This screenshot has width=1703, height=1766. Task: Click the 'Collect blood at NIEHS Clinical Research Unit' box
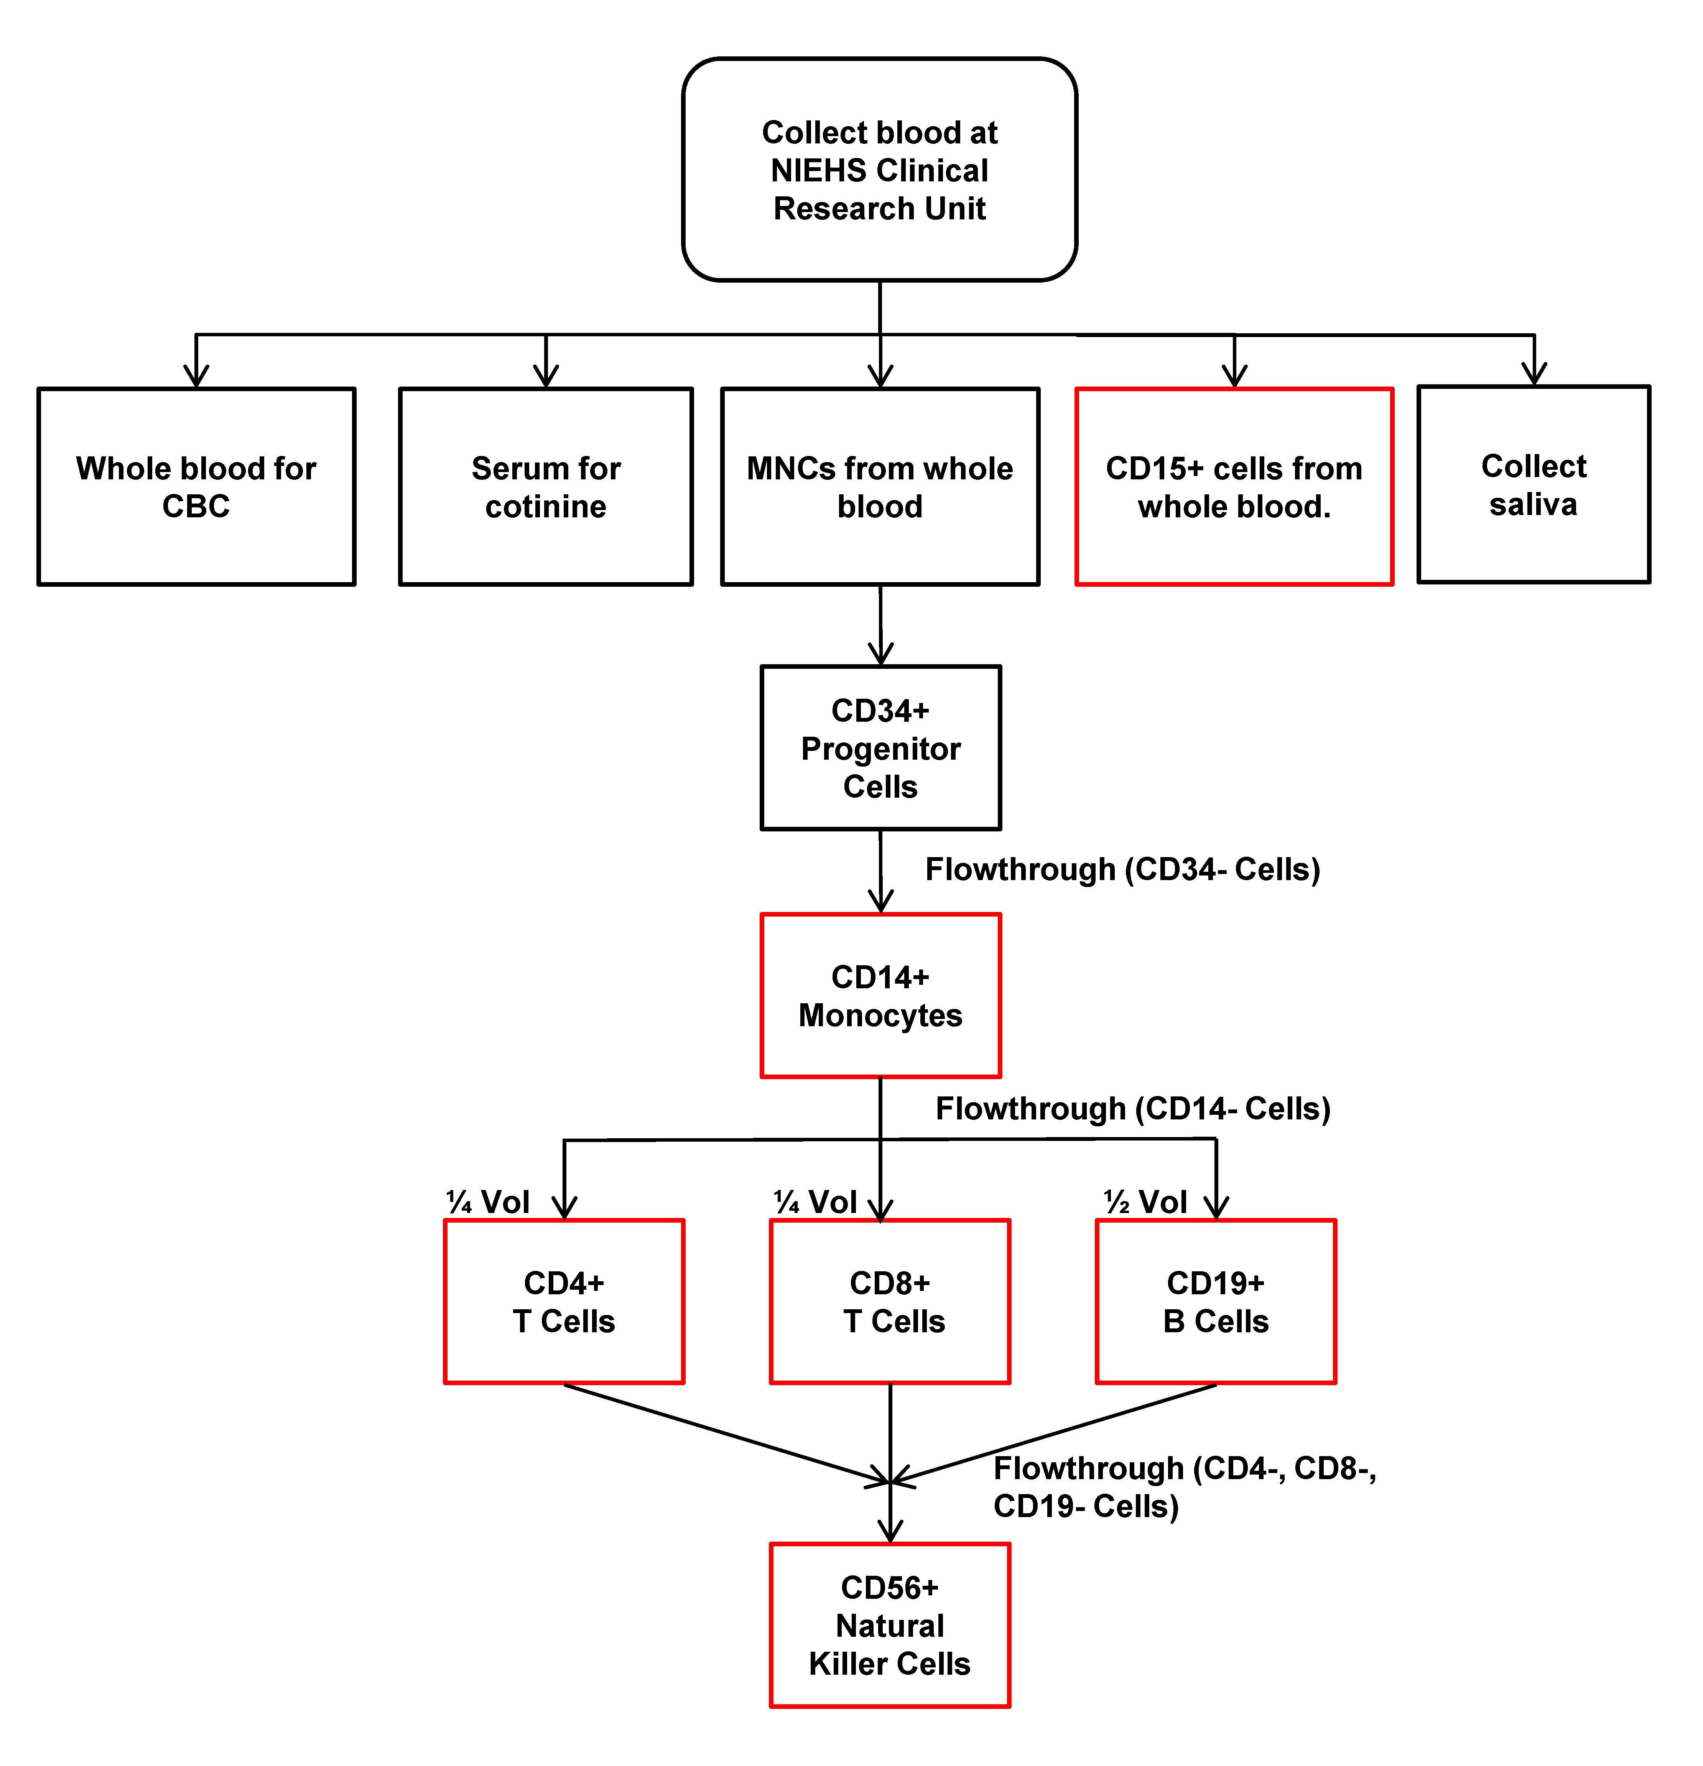tap(879, 170)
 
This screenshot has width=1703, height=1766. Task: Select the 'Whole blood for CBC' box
tap(196, 487)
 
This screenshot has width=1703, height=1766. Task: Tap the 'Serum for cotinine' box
tap(546, 487)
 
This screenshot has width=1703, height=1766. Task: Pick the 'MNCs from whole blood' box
tap(880, 487)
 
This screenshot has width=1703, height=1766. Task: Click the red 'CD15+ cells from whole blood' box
tap(1234, 487)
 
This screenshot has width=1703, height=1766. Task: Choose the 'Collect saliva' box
tap(1534, 485)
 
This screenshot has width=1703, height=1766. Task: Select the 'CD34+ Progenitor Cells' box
tap(880, 748)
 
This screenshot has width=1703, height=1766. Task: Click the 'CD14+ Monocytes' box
tap(880, 996)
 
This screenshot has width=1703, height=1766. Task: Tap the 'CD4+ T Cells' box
tap(564, 1302)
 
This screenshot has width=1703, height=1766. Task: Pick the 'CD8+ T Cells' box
tap(890, 1302)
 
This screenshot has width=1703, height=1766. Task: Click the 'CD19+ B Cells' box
tap(1216, 1302)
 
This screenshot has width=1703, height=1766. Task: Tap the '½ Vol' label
tap(1145, 1202)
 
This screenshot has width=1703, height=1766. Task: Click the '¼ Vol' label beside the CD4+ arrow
tap(487, 1202)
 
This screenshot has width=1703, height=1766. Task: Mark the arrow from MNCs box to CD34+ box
tap(880, 625)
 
